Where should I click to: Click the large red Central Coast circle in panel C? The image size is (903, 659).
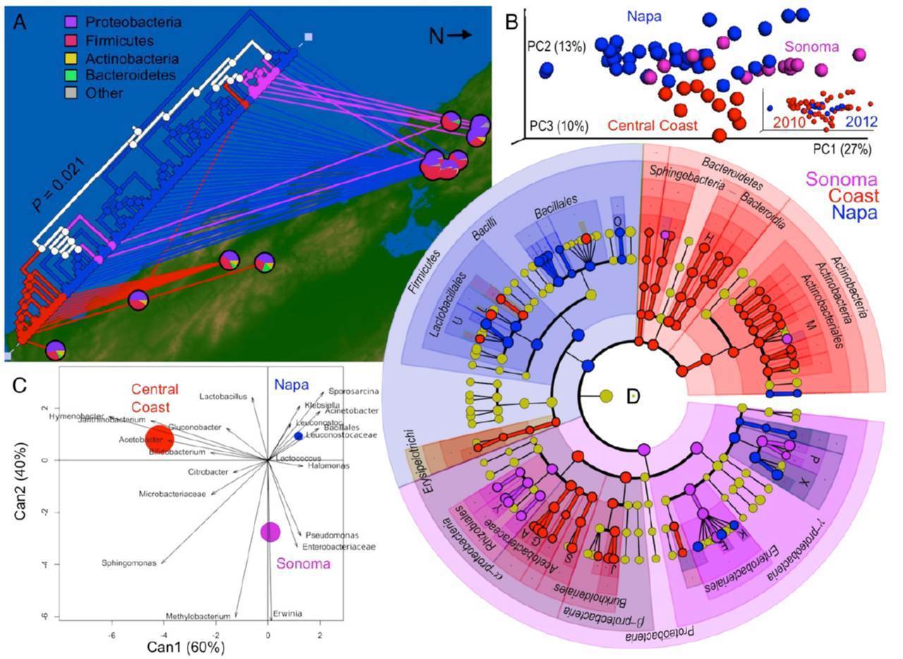click(159, 438)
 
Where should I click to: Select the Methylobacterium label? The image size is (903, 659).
click(198, 616)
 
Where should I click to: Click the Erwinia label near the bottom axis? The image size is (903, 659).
click(287, 613)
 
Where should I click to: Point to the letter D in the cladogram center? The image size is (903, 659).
click(633, 397)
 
